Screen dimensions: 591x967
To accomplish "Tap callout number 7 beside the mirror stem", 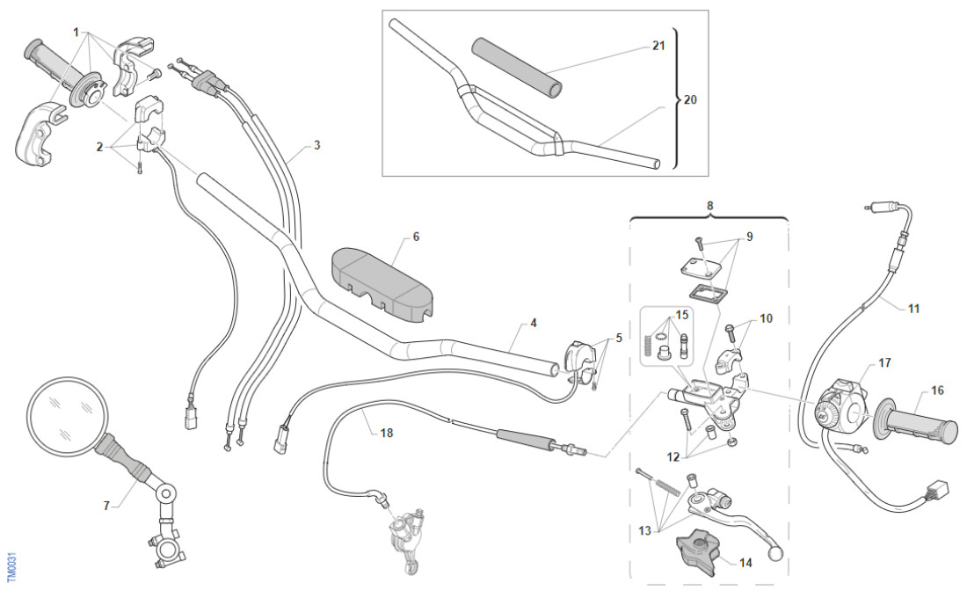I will pos(107,506).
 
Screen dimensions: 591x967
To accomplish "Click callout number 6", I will pos(416,237).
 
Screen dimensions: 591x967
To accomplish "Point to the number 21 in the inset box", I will pos(658,47).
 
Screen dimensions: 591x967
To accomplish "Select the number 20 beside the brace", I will pos(690,100).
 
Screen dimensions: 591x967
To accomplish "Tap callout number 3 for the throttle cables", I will pos(316,145).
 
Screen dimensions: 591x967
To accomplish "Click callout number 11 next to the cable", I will pos(913,309).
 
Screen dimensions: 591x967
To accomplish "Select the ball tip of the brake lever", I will pos(774,555).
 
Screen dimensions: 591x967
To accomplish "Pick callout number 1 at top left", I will pos(76,33).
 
